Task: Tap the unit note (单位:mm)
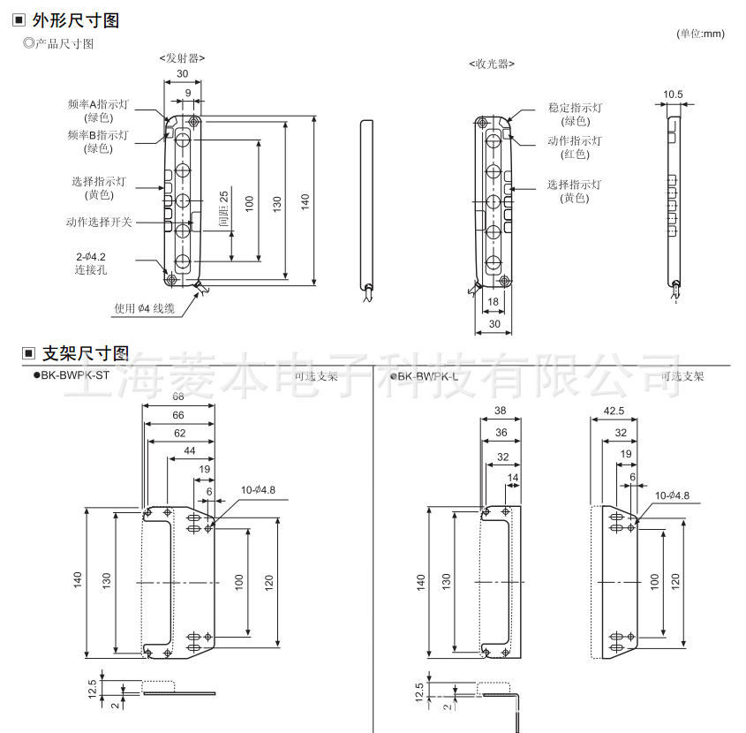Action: tap(699, 34)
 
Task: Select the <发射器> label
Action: tap(183, 58)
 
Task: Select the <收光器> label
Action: tap(492, 64)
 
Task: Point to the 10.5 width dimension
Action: tap(673, 94)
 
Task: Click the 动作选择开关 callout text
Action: tap(98, 222)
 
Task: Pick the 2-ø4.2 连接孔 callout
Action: tap(91, 264)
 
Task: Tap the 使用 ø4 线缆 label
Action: tap(145, 308)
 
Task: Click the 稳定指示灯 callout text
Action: tap(575, 108)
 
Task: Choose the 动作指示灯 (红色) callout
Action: tap(575, 147)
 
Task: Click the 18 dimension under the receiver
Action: tap(493, 302)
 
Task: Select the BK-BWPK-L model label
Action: tap(427, 375)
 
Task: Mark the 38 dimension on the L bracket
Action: tap(500, 411)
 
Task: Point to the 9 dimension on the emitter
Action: tap(187, 93)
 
